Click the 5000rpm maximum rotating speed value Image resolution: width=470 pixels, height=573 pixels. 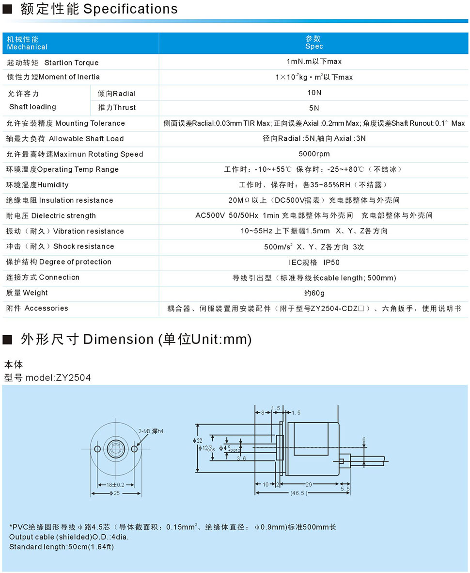click(314, 154)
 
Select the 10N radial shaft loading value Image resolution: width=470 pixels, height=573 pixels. click(314, 93)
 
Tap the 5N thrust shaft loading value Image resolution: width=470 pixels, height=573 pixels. click(314, 108)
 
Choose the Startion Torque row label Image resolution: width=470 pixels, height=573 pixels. click(52, 63)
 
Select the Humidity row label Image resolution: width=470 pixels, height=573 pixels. click(37, 185)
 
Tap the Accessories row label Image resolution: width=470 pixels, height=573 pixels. click(37, 309)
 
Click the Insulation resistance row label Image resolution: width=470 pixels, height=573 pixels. click(60, 200)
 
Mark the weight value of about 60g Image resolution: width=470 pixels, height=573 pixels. click(314, 293)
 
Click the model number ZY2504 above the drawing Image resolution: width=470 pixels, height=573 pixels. click(47, 377)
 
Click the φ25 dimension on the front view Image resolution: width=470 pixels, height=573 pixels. click(116, 493)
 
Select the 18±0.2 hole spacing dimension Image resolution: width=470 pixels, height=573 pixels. click(115, 485)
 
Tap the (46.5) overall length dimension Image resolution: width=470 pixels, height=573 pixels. click(298, 493)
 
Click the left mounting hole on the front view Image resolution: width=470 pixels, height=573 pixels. click(97, 448)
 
